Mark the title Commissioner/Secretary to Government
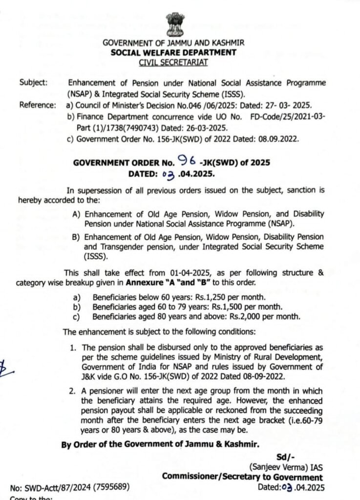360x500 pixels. coord(242,478)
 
